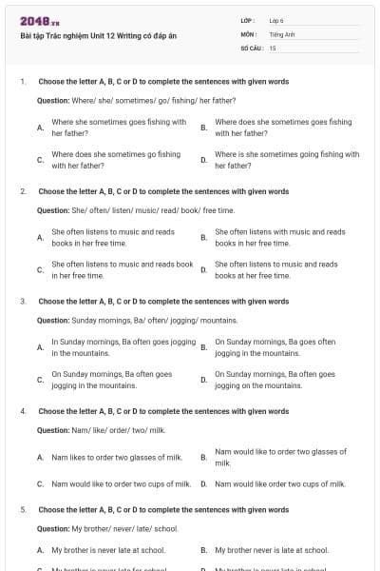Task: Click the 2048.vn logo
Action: point(39,20)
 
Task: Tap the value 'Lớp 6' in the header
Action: point(277,20)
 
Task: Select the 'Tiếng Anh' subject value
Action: point(282,33)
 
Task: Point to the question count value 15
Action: point(273,47)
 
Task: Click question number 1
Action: point(22,82)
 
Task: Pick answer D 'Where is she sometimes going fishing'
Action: point(286,159)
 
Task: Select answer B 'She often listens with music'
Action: point(279,237)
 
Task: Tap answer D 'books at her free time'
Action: point(275,269)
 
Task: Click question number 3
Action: point(22,302)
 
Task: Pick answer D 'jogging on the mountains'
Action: point(275,380)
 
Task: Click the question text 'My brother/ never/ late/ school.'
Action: point(132,528)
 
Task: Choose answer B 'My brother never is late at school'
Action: point(272,550)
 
